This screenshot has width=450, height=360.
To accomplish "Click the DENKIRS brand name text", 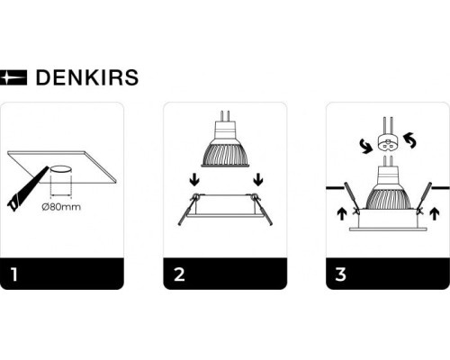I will coord(86,78).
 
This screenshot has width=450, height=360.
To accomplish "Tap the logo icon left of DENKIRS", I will coord(15,78).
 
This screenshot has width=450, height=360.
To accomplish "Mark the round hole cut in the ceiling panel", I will coord(60,168).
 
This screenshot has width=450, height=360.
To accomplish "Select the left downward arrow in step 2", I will coord(192,180).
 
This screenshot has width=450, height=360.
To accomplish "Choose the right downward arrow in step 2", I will coord(257,180).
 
